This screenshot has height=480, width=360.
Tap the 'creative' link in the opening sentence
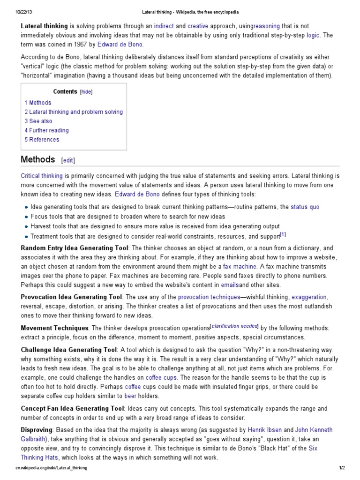point(198,26)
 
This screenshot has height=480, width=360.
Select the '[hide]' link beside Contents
point(86,92)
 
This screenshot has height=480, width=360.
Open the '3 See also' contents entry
point(38,121)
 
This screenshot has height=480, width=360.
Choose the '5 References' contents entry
point(42,139)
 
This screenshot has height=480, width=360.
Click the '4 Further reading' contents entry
point(47,130)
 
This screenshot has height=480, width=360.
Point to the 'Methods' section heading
point(38,159)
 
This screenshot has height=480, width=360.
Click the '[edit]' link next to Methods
point(68,160)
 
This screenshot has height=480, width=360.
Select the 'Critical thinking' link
point(42,176)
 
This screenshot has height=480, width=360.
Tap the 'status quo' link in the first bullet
point(305,207)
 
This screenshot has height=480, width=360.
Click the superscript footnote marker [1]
point(283,234)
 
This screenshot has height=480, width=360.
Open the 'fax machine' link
point(240,266)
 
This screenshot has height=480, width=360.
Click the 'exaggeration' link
point(309,297)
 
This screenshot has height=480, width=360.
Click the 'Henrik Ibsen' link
point(265,430)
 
